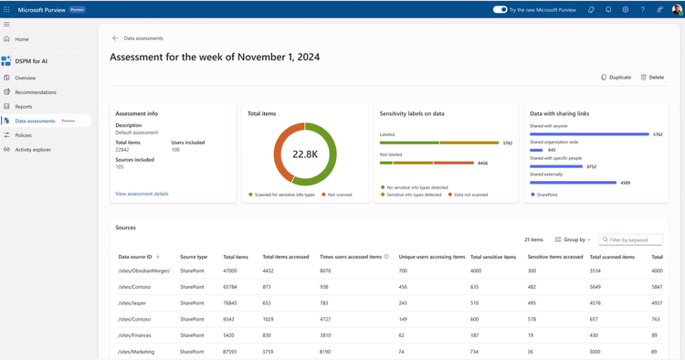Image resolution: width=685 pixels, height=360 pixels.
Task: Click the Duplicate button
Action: (x=616, y=78)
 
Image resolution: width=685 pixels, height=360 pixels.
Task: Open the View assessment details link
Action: (x=142, y=194)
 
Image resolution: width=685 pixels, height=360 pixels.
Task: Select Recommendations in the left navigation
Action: (x=35, y=92)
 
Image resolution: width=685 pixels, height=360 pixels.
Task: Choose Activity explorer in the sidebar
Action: (x=33, y=149)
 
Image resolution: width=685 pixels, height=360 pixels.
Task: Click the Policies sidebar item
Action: (x=23, y=135)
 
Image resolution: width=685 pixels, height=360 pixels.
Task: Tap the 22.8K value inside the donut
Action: (x=305, y=154)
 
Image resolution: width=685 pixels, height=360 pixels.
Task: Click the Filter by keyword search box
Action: (x=632, y=239)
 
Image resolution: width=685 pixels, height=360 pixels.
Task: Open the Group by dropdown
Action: (x=573, y=239)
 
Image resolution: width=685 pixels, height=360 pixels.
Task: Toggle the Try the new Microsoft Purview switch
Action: (x=500, y=10)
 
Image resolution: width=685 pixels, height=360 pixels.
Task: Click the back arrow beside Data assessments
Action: (x=115, y=38)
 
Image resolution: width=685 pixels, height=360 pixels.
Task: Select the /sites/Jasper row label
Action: (x=132, y=303)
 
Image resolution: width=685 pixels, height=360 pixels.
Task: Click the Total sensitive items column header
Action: (x=493, y=257)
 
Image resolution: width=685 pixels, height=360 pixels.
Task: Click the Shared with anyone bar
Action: (x=589, y=134)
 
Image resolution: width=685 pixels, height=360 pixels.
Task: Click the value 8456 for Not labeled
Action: (x=482, y=164)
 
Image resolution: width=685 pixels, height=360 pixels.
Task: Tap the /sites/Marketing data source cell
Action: (x=136, y=352)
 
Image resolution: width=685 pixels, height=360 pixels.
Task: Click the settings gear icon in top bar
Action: (x=626, y=10)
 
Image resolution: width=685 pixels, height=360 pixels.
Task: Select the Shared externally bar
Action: (x=573, y=183)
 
